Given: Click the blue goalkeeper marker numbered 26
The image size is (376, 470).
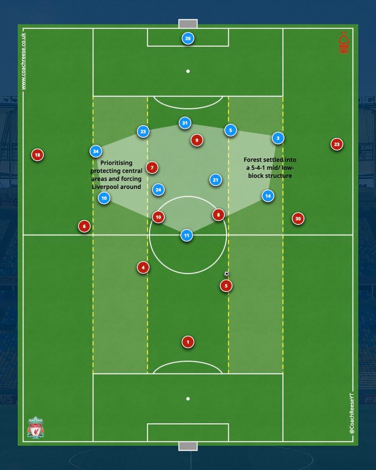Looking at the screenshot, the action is pyautogui.click(x=188, y=39).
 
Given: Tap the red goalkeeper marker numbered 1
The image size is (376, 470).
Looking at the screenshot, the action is pyautogui.click(x=188, y=342).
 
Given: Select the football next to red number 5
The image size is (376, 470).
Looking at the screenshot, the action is pyautogui.click(x=227, y=274).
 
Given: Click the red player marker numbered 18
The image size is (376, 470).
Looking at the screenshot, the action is pyautogui.click(x=38, y=155).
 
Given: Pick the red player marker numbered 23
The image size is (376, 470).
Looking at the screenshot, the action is pyautogui.click(x=337, y=144).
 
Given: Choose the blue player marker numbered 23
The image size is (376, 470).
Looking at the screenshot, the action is pyautogui.click(x=143, y=132).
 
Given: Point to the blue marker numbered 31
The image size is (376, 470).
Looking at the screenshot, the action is pyautogui.click(x=185, y=123).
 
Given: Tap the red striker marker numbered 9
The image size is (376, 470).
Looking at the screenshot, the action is pyautogui.click(x=197, y=140).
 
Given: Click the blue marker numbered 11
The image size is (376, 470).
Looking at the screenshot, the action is pyautogui.click(x=186, y=235).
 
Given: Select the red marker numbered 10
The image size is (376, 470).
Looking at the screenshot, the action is pyautogui.click(x=158, y=217).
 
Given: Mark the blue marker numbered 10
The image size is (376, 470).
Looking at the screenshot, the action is pyautogui.click(x=104, y=198).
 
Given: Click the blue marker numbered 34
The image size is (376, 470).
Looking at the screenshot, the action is pyautogui.click(x=95, y=151).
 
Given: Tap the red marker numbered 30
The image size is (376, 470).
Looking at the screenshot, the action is pyautogui.click(x=298, y=219).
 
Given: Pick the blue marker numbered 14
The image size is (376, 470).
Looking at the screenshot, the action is pyautogui.click(x=268, y=196).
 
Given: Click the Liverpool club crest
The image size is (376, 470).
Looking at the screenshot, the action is pyautogui.click(x=36, y=427).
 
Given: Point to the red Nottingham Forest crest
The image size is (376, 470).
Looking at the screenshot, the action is pyautogui.click(x=343, y=43).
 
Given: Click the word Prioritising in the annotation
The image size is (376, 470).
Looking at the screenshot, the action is pyautogui.click(x=116, y=163).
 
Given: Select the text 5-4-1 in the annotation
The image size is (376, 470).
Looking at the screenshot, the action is pyautogui.click(x=260, y=168).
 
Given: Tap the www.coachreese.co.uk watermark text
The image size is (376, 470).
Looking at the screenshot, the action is pyautogui.click(x=23, y=62).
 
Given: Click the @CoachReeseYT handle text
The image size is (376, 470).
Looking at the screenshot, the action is pyautogui.click(x=352, y=414).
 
